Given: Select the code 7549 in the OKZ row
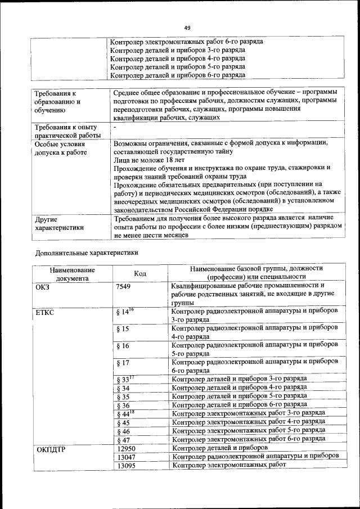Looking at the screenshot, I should pos(124,286).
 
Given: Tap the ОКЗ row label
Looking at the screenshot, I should pos(44,286).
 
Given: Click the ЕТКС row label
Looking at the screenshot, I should pos(45,312).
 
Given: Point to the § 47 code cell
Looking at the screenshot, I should pos(123,440).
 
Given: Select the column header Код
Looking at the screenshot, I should pos(140,273).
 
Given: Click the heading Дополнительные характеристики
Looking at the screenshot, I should pos(87,253).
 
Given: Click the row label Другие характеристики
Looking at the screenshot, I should pos(59,224).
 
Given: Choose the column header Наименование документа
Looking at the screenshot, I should pos(71,273).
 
